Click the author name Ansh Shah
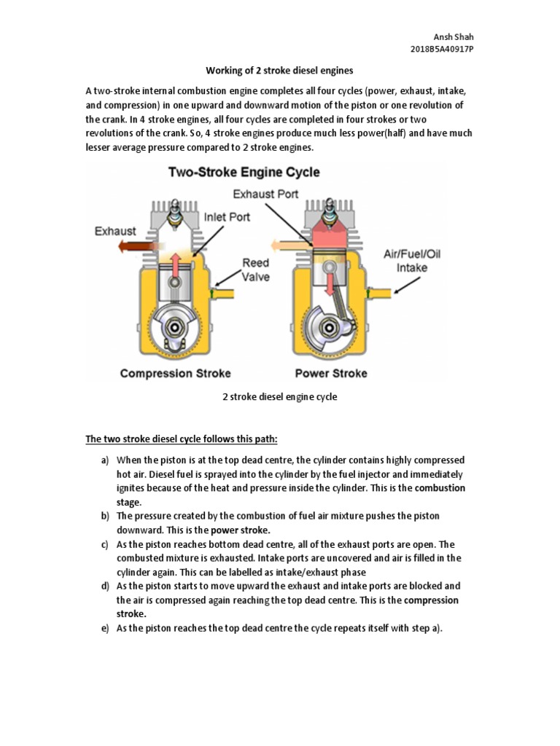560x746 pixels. click(452, 36)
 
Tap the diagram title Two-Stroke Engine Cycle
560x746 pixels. click(244, 173)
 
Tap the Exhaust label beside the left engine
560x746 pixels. click(114, 231)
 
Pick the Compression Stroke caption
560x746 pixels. click(175, 373)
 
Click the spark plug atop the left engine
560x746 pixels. click(174, 214)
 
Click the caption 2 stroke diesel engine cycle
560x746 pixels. click(279, 398)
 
